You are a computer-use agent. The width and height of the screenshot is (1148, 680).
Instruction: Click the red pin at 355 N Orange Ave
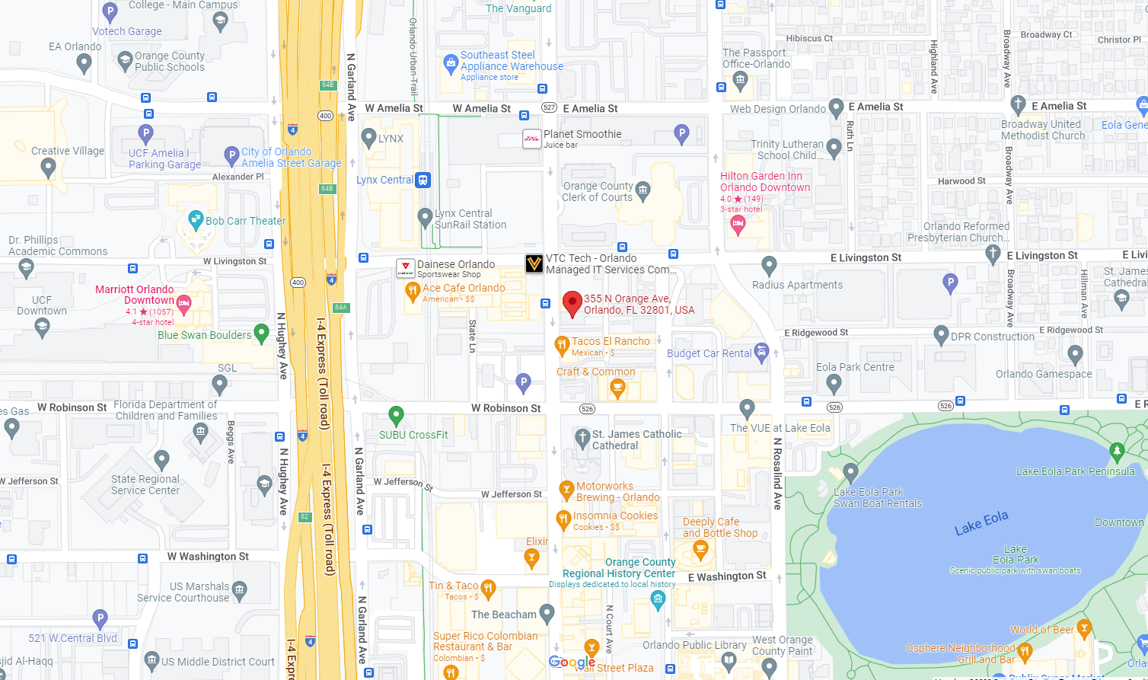pyautogui.click(x=572, y=303)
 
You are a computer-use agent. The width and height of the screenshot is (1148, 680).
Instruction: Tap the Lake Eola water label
pyautogui.click(x=981, y=523)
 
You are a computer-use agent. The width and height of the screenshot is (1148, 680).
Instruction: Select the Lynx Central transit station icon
pyautogui.click(x=423, y=180)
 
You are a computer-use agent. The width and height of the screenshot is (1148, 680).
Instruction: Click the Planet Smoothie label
pyautogui.click(x=582, y=134)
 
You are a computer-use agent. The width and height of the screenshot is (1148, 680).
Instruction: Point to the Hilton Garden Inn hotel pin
pyautogui.click(x=737, y=224)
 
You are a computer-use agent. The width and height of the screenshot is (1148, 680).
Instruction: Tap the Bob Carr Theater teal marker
pyautogui.click(x=196, y=220)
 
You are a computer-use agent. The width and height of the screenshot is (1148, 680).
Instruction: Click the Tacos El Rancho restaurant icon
pyautogui.click(x=562, y=345)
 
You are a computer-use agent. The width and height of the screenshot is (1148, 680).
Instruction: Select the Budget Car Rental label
pyautogui.click(x=709, y=353)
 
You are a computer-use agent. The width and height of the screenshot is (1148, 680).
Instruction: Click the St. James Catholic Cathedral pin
pyautogui.click(x=582, y=437)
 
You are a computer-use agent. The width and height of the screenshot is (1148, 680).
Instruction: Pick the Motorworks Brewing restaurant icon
pyautogui.click(x=566, y=490)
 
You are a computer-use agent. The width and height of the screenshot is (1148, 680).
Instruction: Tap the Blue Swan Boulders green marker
pyautogui.click(x=261, y=333)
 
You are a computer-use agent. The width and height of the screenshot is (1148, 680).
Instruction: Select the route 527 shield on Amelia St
pyautogui.click(x=549, y=108)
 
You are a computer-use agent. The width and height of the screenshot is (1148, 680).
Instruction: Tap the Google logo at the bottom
pyautogui.click(x=572, y=662)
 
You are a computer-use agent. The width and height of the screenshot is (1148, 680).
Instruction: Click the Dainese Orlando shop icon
pyautogui.click(x=406, y=268)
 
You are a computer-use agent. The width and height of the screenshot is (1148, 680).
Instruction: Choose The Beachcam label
pyautogui.click(x=503, y=615)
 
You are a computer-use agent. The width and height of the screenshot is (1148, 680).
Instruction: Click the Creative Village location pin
pyautogui.click(x=48, y=167)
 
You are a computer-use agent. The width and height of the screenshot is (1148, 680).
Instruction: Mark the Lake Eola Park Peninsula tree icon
pyautogui.click(x=1117, y=451)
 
